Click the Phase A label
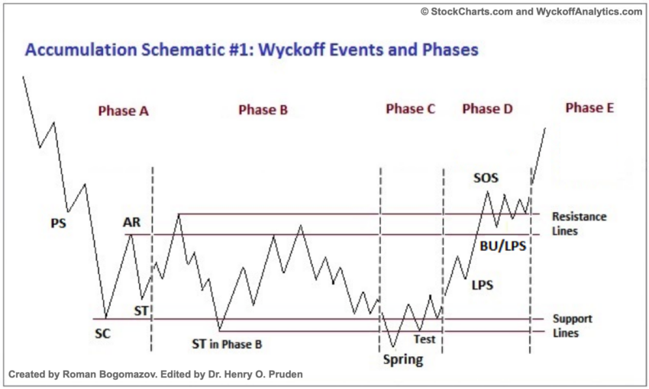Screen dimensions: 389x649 123,111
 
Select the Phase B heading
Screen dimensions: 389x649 263,110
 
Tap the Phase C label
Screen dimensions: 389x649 410,109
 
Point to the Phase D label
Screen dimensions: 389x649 487,109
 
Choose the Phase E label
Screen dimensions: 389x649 589,108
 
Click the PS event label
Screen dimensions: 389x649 58,223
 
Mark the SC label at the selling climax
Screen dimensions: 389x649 103,333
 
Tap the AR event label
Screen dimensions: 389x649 131,223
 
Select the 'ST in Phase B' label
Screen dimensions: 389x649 227,344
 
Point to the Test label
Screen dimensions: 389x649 425,339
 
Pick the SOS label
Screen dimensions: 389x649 486,178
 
